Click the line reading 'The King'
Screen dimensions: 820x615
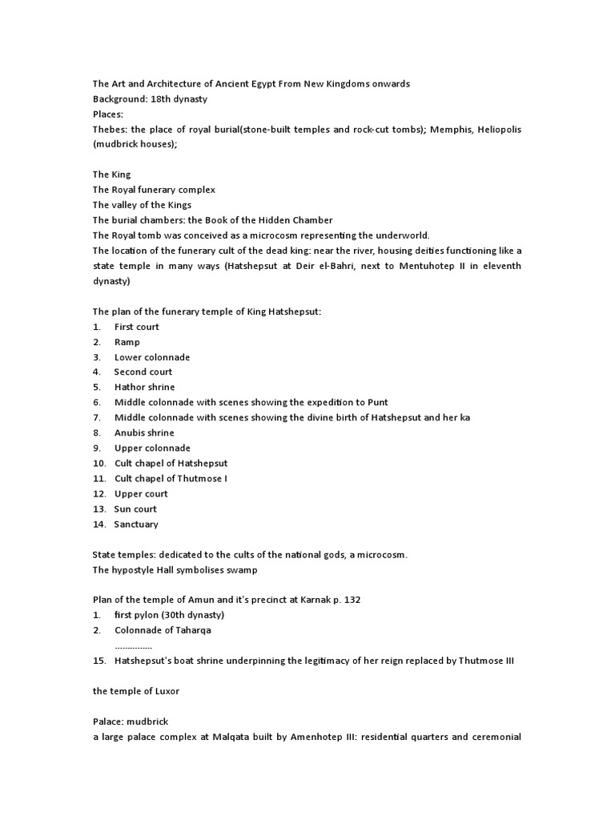click(x=111, y=175)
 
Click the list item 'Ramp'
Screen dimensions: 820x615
click(x=127, y=342)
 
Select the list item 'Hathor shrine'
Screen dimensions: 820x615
click(x=144, y=388)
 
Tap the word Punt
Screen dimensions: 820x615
click(x=377, y=403)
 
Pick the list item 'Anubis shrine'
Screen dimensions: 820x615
click(x=144, y=433)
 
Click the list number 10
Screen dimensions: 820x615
click(x=99, y=464)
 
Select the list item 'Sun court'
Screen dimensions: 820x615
click(x=135, y=509)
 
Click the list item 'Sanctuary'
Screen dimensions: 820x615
click(x=136, y=525)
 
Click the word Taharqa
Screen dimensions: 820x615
click(x=193, y=630)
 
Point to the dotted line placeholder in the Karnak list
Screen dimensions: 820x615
click(x=133, y=646)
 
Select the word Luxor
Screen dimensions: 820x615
click(x=167, y=691)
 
